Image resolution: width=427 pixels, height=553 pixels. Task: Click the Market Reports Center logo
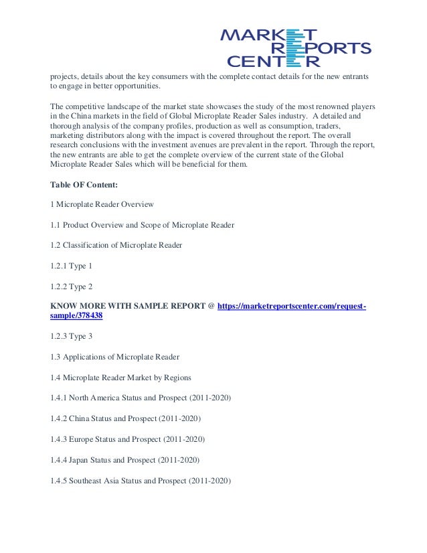coord(295,48)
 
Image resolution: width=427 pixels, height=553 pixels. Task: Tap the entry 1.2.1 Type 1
coord(72,266)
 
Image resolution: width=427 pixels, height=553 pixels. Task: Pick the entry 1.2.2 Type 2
coord(72,286)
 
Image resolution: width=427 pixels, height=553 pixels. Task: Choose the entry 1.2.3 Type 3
coord(72,337)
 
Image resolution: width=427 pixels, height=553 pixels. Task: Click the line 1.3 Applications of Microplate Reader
coord(114,357)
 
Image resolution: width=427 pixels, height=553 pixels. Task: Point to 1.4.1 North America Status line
coord(141,398)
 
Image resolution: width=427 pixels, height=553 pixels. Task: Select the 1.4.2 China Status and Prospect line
coord(125,418)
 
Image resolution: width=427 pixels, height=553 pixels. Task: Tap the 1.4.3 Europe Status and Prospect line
coord(128,439)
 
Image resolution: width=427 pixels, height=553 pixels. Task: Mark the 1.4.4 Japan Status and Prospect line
coord(125,460)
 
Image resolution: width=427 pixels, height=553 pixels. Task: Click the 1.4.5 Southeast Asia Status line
coord(141,481)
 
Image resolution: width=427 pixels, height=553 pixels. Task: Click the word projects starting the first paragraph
coord(66,77)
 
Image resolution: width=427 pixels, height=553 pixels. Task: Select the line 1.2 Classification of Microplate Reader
coord(116,245)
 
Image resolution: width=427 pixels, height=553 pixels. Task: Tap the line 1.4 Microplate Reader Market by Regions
coord(120,378)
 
